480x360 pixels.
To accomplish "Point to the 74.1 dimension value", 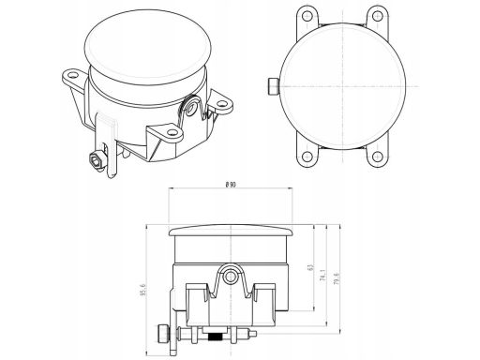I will pyautogui.click(x=323, y=278).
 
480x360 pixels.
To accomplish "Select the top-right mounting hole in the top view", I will pyautogui.click(x=376, y=15).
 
